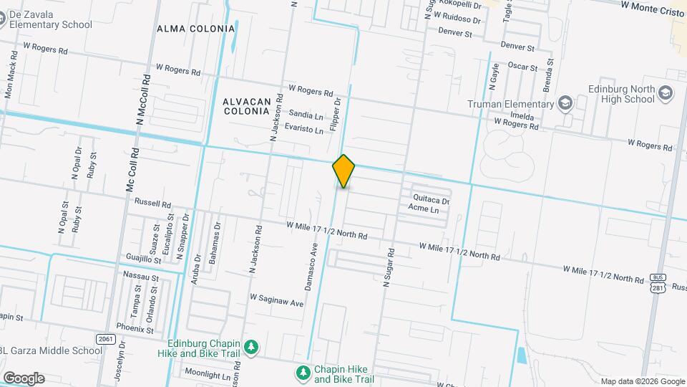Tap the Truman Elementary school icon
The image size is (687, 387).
(565, 104)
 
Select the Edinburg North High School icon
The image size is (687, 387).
(666, 93)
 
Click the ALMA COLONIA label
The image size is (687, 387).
(196, 29)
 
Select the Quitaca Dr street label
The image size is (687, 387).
(431, 201)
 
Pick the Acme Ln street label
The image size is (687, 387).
(422, 209)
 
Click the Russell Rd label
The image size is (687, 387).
(153, 203)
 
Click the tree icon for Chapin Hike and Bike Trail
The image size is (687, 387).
(303, 373)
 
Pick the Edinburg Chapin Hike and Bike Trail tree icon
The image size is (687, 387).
(250, 348)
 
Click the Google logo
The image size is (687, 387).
(24, 378)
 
